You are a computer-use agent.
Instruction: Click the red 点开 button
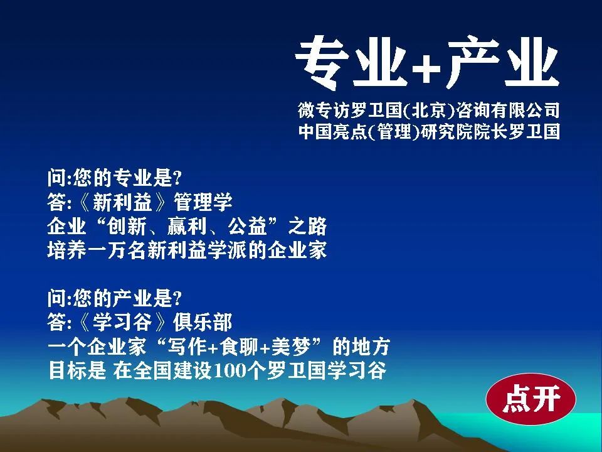point(531,399)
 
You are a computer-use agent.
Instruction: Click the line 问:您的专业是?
point(114,178)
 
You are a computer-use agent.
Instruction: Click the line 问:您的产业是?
point(114,298)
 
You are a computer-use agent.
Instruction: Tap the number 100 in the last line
point(228,370)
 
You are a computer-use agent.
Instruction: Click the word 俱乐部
point(203,322)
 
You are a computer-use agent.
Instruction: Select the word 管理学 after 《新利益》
point(203,202)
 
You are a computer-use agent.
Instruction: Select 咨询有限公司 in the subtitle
point(507,110)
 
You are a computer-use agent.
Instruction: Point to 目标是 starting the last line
point(77,370)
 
